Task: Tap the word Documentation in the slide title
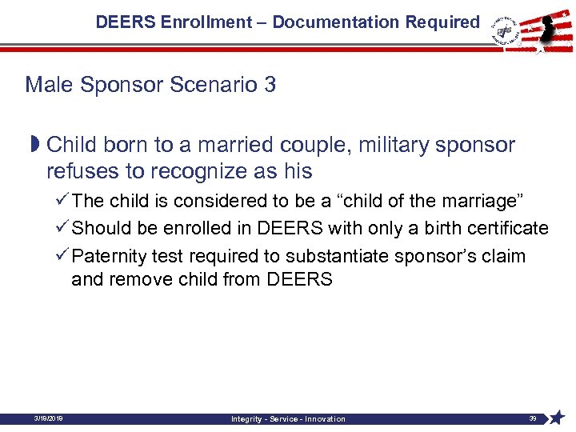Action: coord(328,22)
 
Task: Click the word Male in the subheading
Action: coord(47,85)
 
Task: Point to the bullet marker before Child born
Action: coord(34,145)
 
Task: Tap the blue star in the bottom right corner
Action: coord(558,418)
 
